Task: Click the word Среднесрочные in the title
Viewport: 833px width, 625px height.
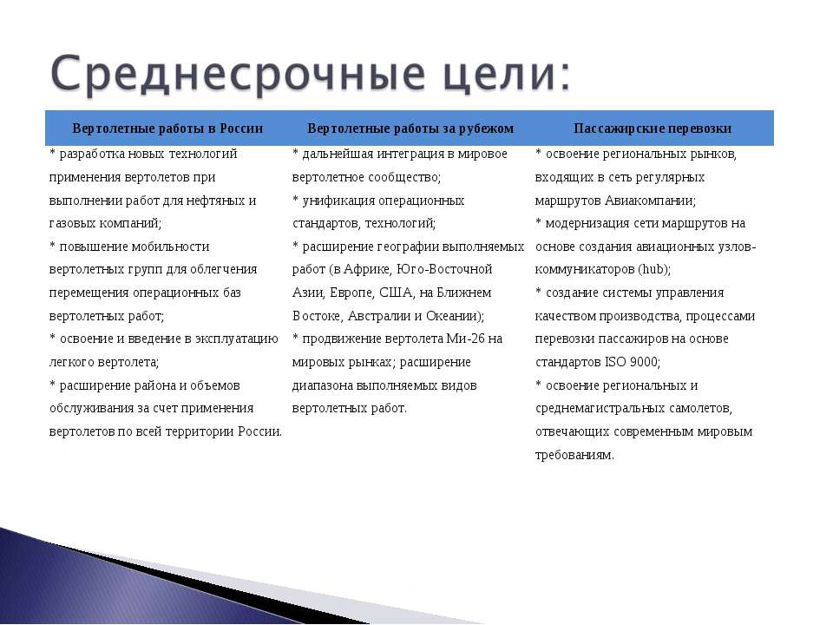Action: pos(238,73)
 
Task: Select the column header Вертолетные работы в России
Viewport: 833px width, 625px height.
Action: pos(167,128)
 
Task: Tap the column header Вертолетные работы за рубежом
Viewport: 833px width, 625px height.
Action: pos(410,128)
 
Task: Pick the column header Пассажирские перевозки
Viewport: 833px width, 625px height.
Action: pos(653,128)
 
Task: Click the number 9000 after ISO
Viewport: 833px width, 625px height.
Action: pos(643,362)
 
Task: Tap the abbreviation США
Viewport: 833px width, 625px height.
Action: pos(396,293)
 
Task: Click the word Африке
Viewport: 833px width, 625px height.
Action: pos(368,269)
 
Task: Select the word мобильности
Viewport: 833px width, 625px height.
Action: pos(171,247)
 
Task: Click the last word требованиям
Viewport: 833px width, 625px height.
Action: pos(574,455)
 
